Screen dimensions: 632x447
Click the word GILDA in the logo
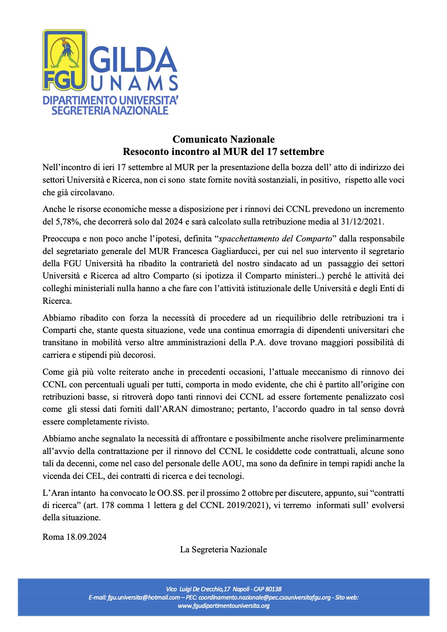pos(133,60)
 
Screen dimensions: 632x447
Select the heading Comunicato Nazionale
pos(223,139)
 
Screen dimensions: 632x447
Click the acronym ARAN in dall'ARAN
pos(176,409)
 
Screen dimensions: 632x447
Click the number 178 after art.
pos(107,505)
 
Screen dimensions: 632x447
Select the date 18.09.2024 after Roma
pos(87,537)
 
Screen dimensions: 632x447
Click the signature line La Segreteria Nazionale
pos(223,549)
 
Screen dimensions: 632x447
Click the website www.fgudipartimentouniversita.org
pos(223,606)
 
